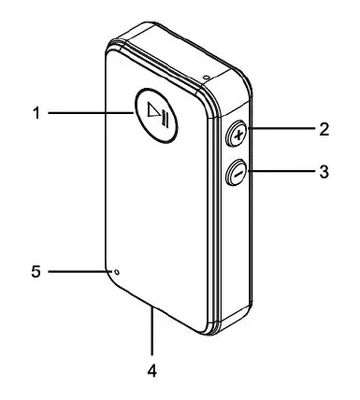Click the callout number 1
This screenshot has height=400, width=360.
point(35,114)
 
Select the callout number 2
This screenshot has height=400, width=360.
point(324,130)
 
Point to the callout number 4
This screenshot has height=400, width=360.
point(152,370)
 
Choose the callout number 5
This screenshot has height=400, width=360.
point(35,272)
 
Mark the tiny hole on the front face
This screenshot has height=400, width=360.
point(117,272)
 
